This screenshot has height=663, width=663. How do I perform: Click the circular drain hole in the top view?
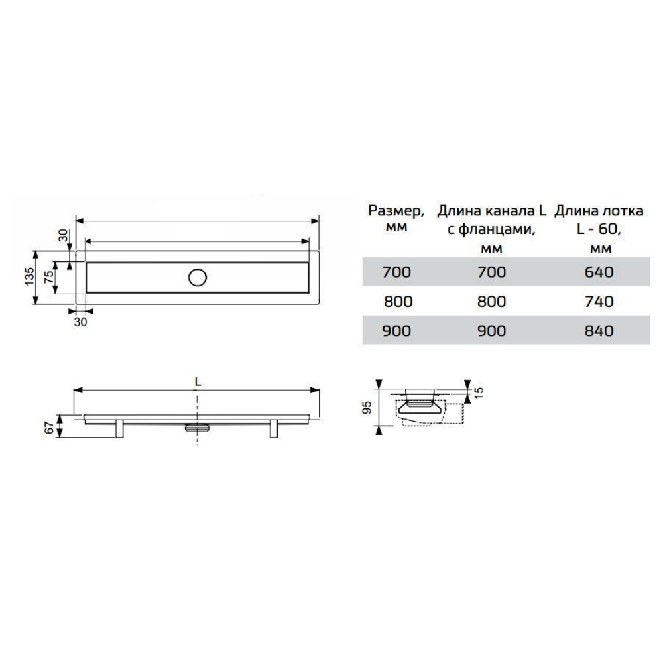tap(198, 278)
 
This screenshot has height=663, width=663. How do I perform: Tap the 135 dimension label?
tap(30, 276)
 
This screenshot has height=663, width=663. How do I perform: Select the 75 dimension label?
tap(50, 276)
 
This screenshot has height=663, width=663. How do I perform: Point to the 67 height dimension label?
tap(50, 428)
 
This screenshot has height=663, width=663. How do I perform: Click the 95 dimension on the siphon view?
tap(367, 408)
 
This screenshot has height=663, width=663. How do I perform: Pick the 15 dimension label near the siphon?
tap(479, 392)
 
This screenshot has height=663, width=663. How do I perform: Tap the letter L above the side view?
tap(198, 382)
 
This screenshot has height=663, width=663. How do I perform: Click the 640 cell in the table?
tap(599, 272)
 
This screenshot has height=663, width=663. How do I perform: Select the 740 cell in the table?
tap(599, 302)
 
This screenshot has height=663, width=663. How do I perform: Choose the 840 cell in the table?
tap(599, 331)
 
